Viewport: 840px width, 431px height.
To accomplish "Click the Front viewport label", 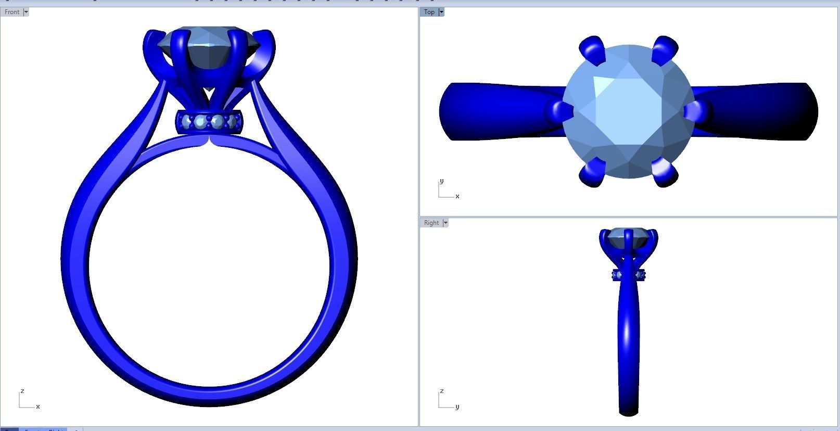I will click(11, 11).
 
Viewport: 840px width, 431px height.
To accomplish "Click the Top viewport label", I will click(429, 11).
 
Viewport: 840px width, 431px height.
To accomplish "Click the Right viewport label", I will click(431, 223).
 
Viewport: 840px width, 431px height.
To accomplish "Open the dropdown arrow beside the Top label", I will click(441, 11).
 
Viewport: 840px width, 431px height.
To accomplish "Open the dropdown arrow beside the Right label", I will click(445, 223).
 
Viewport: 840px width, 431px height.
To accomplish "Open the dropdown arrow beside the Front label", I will click(26, 11).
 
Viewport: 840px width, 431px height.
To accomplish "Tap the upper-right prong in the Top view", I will click(665, 49).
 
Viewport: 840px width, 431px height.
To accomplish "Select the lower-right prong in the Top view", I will click(665, 173).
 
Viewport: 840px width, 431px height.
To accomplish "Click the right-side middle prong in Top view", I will click(696, 111).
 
